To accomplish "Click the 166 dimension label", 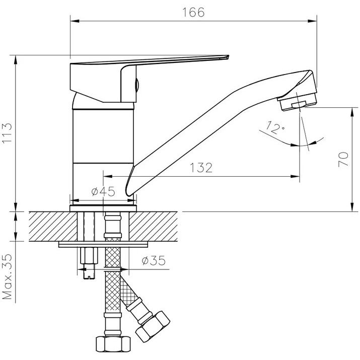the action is click(x=193, y=13).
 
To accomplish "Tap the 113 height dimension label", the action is click(x=7, y=133).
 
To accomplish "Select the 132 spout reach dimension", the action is click(x=201, y=168).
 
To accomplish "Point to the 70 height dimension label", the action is click(x=343, y=159).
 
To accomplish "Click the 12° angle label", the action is click(x=275, y=127).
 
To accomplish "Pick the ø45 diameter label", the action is click(x=103, y=191).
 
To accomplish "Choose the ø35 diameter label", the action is click(x=154, y=260).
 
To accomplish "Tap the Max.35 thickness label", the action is click(x=7, y=276).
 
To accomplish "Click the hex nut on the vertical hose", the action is click(x=113, y=344).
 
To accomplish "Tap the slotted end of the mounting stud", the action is click(x=89, y=275).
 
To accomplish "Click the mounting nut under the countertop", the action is click(x=89, y=256).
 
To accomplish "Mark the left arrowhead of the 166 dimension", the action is click(x=75, y=21).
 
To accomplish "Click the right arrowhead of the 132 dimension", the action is click(x=295, y=176).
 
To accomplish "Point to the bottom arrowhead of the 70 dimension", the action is click(x=352, y=207).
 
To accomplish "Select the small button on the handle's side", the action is click(x=137, y=85).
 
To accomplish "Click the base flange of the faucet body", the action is click(x=103, y=208).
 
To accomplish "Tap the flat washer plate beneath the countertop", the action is click(x=103, y=244).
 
